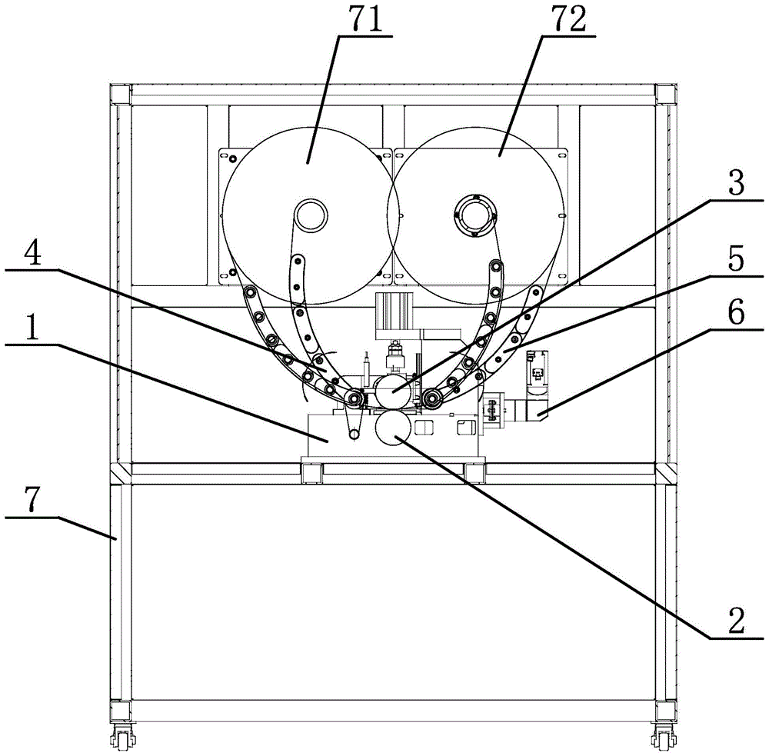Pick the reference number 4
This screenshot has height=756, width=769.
[x=24, y=255]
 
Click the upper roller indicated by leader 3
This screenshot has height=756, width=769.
[x=391, y=389]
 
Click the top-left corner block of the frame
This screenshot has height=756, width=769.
[x=119, y=95]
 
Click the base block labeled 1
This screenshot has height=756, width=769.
[x=331, y=438]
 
